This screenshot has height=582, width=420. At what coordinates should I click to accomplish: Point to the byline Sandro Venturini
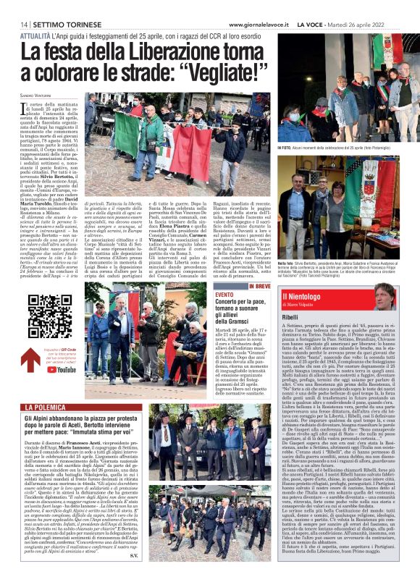pyautogui.click(x=37, y=96)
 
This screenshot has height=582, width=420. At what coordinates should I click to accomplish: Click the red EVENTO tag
pyautogui.click(x=225, y=295)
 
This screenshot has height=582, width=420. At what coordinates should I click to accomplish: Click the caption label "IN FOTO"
pyautogui.click(x=288, y=147)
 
